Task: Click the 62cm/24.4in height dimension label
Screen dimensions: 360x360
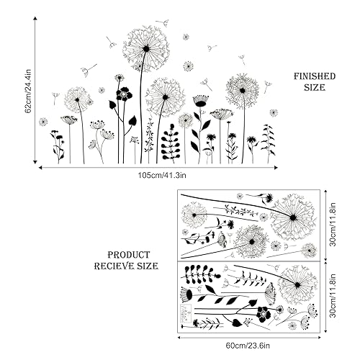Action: point(29,91)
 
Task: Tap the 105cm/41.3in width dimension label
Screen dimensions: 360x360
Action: point(162,175)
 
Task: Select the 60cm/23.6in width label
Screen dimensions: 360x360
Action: point(248,346)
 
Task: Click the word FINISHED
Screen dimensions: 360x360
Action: point(315,76)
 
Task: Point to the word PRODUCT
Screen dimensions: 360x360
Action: point(129,255)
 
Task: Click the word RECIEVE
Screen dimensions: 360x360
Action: point(114,266)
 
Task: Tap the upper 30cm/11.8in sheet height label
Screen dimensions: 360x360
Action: point(333,225)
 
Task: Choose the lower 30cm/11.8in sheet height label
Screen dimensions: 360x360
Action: point(333,296)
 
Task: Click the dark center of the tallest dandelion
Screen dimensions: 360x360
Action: point(146,49)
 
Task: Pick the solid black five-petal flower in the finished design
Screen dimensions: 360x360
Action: point(124,94)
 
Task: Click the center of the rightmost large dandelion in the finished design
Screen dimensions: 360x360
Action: point(243,91)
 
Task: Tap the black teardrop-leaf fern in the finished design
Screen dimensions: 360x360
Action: point(171,143)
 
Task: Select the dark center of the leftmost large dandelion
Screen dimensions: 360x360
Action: point(77,99)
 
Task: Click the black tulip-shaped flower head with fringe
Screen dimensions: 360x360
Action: point(201,101)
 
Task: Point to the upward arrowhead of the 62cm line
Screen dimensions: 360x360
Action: point(35,19)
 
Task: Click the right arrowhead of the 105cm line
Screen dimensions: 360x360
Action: point(276,168)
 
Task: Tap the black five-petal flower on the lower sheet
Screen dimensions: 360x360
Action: point(264,314)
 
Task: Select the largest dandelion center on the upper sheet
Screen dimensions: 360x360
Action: point(292,217)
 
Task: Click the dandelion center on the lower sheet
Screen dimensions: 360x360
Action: point(297,285)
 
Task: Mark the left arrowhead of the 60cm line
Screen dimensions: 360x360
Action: point(179,338)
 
